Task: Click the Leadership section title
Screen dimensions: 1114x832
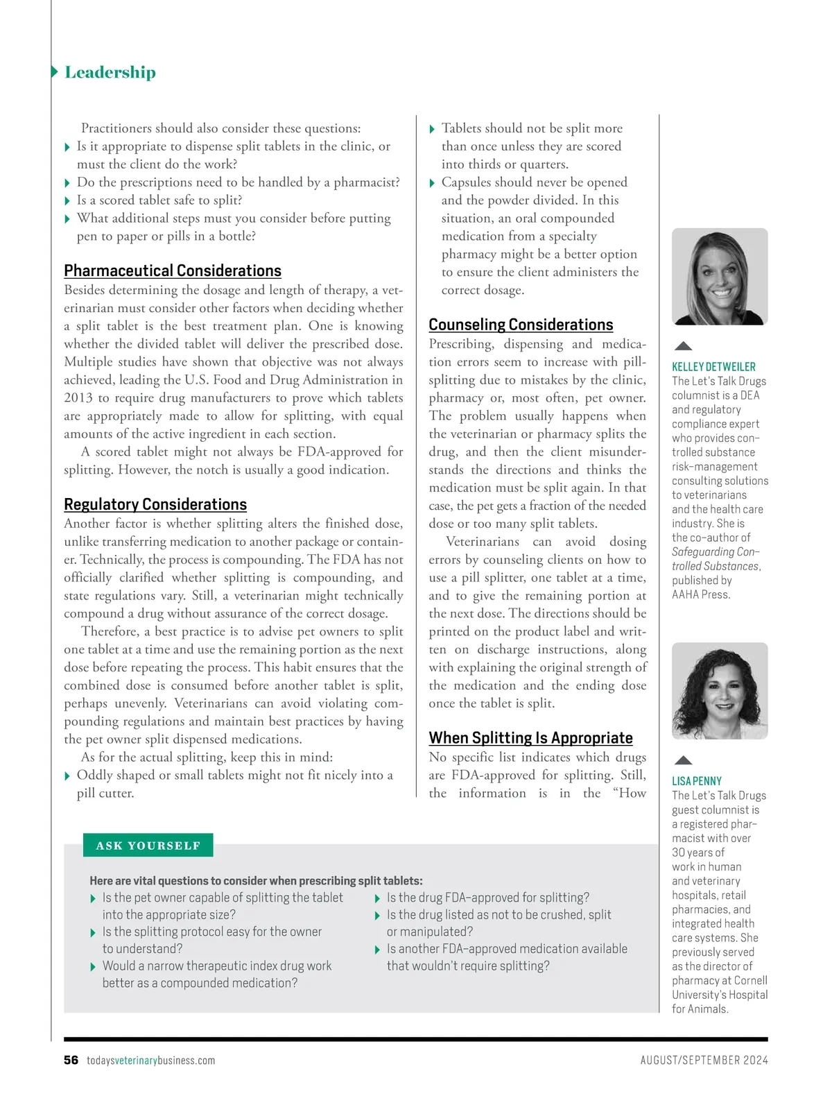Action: tap(110, 72)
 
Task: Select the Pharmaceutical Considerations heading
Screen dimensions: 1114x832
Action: tap(173, 271)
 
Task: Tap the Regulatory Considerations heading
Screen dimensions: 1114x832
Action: tap(155, 504)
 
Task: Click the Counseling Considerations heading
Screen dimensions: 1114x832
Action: tap(521, 325)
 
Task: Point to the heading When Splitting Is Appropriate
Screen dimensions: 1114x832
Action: tap(530, 738)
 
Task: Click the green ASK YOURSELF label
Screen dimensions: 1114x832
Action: tap(148, 846)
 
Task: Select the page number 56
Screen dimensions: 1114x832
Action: tap(71, 1060)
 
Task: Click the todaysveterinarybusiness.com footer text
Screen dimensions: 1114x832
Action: tap(150, 1061)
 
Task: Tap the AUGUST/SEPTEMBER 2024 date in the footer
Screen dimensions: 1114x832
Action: tap(704, 1061)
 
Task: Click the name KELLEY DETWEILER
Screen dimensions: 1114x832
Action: tap(713, 367)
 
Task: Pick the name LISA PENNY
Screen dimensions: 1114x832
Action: tap(697, 781)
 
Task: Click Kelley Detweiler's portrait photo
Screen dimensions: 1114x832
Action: tap(720, 277)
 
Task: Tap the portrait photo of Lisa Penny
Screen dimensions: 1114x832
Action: tap(720, 691)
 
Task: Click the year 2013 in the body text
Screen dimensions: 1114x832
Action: tap(78, 398)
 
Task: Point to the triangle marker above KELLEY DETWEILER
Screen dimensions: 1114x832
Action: tap(684, 345)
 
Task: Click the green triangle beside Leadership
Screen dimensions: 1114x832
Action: tap(54, 72)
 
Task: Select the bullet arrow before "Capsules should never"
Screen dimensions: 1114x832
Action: tap(432, 183)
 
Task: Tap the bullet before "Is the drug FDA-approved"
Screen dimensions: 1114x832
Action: tap(376, 899)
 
